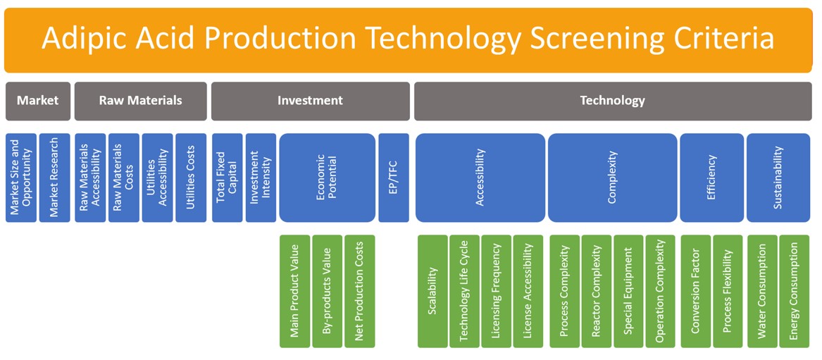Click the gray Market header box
tap(38, 101)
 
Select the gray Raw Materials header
tap(140, 101)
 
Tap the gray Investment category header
tap(311, 101)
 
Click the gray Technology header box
tap(613, 101)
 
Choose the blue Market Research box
tap(54, 178)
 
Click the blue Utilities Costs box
tap(191, 178)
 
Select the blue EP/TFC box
tap(394, 178)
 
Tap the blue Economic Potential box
tap(327, 178)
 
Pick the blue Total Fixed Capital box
tap(228, 178)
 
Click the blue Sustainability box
tap(778, 178)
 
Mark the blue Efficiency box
tap(712, 178)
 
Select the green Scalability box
tap(433, 292)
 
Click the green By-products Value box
tap(327, 292)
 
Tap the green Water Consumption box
tap(762, 292)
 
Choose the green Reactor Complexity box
tap(597, 292)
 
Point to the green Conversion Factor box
tap(696, 292)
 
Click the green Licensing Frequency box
tap(497, 292)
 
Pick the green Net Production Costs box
tap(360, 292)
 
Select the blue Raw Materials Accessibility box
tap(90, 178)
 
